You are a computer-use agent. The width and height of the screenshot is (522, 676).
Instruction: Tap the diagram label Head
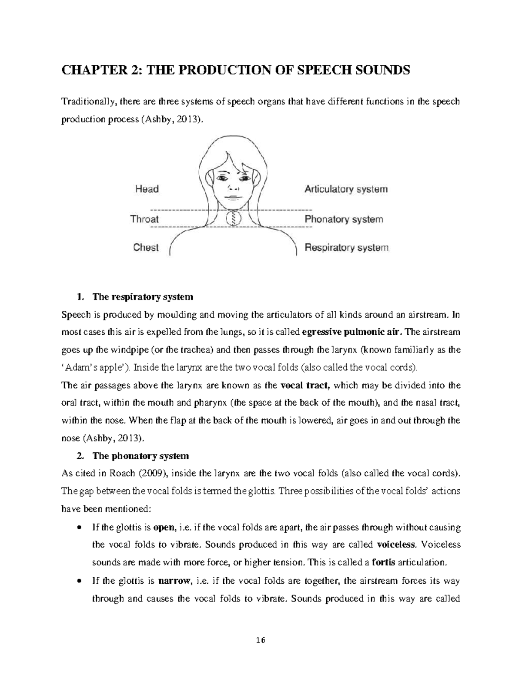(x=147, y=189)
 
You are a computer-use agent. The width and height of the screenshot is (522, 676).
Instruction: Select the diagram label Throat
(x=144, y=219)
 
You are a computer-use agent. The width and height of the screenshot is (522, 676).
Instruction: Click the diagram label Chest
(x=146, y=247)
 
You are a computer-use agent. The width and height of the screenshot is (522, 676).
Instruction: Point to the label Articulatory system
(x=346, y=189)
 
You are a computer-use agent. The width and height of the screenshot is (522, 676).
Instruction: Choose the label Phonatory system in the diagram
(x=344, y=219)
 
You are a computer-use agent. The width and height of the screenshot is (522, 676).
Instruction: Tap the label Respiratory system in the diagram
(x=346, y=248)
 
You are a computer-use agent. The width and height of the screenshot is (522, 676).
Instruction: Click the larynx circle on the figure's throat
(x=234, y=218)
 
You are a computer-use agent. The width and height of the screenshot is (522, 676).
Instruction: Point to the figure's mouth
(x=234, y=196)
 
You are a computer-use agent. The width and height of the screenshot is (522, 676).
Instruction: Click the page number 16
(x=260, y=640)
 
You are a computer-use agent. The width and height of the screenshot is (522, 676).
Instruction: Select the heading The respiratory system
(x=142, y=297)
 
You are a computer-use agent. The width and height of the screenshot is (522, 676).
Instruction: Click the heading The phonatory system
(x=141, y=456)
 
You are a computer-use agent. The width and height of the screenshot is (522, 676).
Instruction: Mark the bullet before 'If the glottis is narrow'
(x=78, y=581)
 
